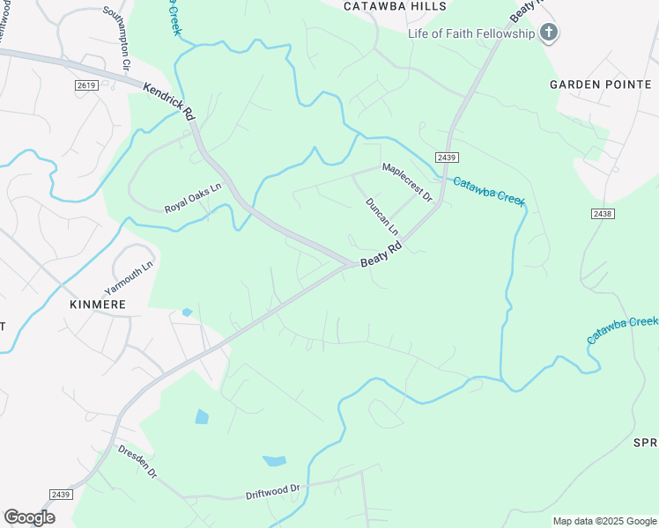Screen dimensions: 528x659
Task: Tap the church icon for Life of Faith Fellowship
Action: tap(548, 33)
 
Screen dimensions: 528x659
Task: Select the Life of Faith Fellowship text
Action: tap(471, 33)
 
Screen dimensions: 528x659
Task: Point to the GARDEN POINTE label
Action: tap(593, 84)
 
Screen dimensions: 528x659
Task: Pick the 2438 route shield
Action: tap(603, 214)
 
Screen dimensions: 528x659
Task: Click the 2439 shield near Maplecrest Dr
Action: tap(447, 157)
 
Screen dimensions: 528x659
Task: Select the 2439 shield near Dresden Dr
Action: tap(60, 495)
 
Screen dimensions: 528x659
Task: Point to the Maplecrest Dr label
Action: tap(407, 181)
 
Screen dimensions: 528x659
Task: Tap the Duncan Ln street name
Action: tap(382, 216)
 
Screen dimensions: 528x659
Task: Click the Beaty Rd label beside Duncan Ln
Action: tap(381, 256)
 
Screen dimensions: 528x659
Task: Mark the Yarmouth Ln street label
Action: tap(129, 276)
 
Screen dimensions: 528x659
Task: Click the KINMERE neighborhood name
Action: tap(98, 304)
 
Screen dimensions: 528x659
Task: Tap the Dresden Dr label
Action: tap(137, 461)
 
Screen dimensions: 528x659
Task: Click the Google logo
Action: tap(29, 517)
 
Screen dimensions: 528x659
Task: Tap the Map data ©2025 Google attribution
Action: tap(604, 521)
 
